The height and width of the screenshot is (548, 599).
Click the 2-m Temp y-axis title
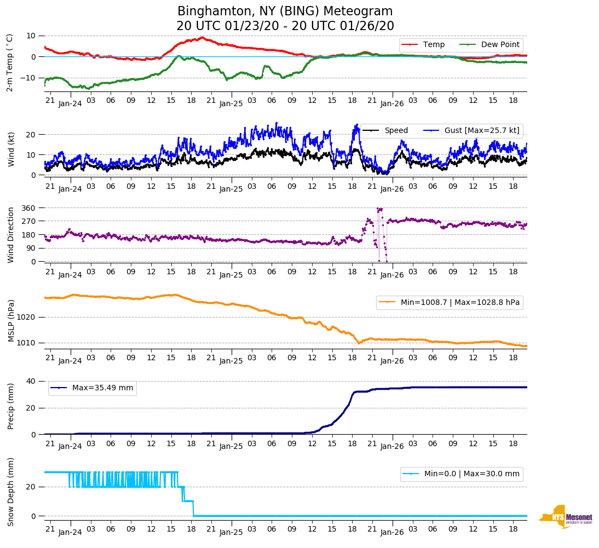[x=9, y=62]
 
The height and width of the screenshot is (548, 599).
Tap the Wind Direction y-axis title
[x=11, y=234]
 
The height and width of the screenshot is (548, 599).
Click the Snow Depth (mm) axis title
[x=11, y=492]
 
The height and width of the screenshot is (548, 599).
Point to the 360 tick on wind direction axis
[x=29, y=208]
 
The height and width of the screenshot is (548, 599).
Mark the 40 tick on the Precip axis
[x=32, y=382]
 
